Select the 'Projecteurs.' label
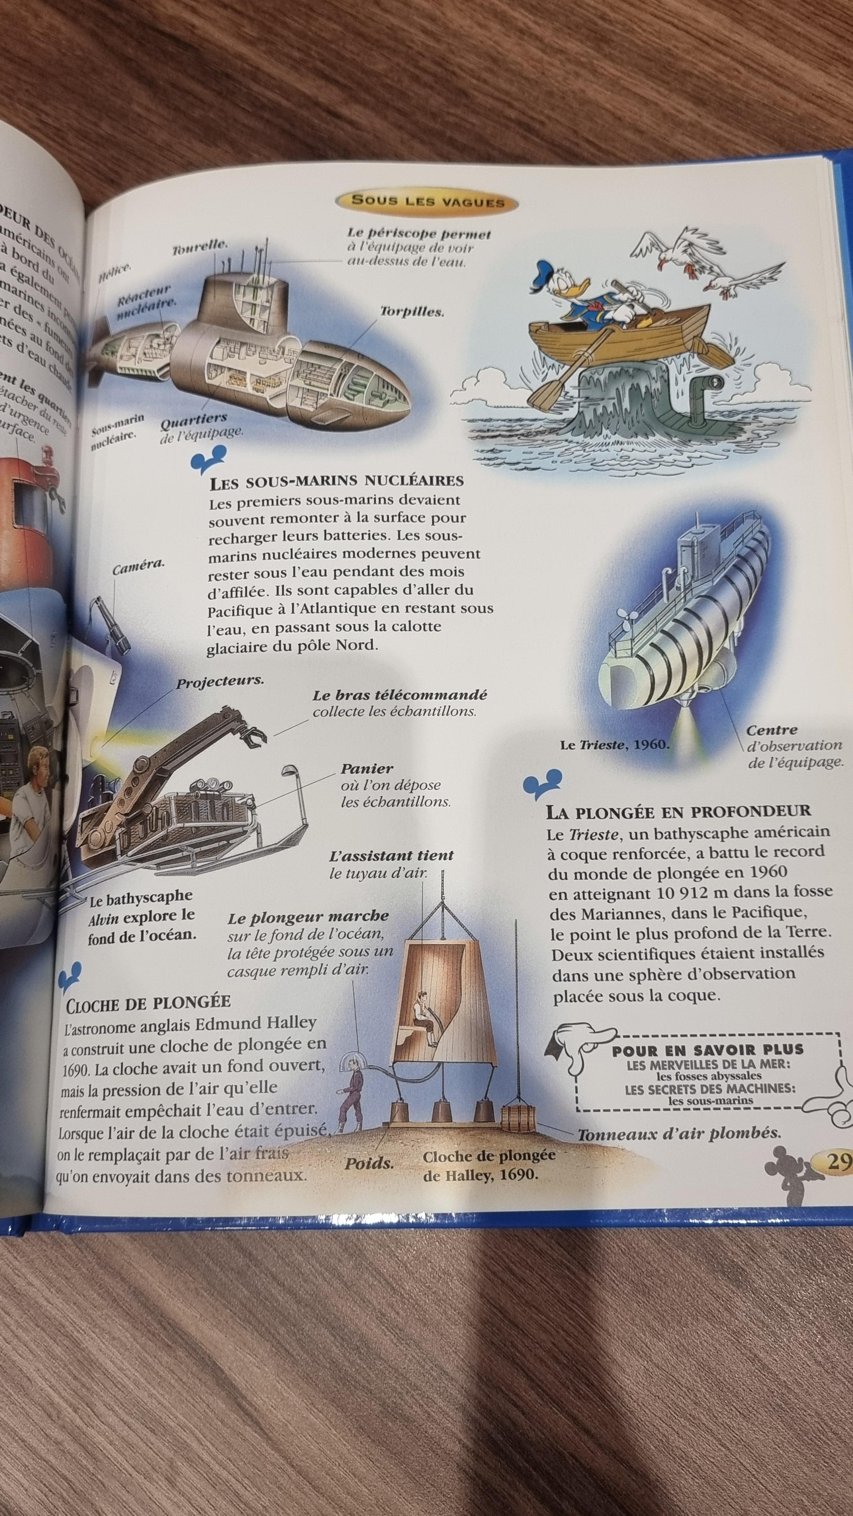tap(220, 681)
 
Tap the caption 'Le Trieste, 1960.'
tap(616, 744)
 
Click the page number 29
tap(838, 1161)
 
